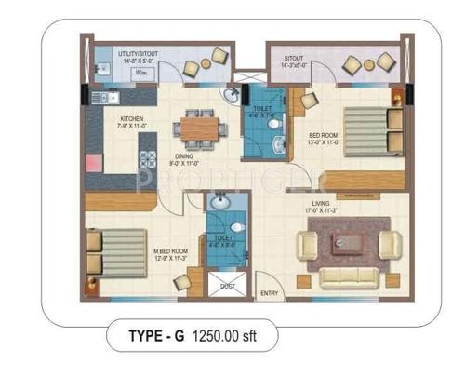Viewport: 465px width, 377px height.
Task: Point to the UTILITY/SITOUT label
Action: pyautogui.click(x=137, y=54)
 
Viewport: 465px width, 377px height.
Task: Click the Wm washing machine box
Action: pyautogui.click(x=139, y=71)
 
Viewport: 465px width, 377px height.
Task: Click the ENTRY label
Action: pyautogui.click(x=270, y=294)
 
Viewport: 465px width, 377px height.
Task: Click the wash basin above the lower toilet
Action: pyautogui.click(x=219, y=202)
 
